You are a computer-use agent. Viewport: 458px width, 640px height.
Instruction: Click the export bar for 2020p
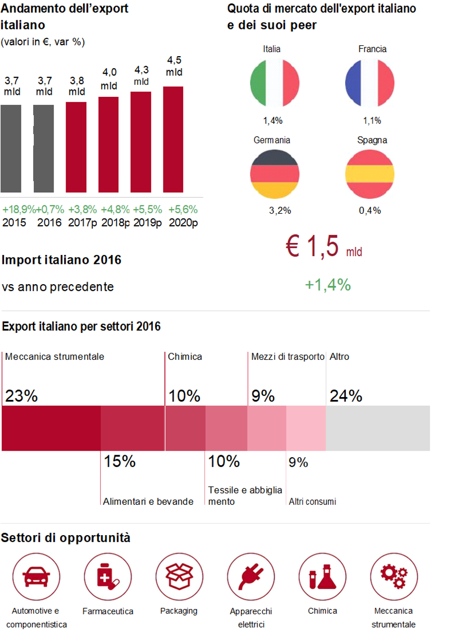[173, 139]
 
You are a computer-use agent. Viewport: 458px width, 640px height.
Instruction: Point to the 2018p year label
[115, 222]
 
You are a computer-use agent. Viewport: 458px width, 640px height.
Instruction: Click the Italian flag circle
[275, 83]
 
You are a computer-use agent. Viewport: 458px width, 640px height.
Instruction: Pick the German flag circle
[275, 174]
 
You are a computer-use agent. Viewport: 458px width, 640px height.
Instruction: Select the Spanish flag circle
[370, 174]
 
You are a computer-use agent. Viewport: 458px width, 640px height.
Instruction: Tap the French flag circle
[370, 83]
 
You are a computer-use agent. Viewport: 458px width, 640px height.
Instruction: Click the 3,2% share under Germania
[280, 211]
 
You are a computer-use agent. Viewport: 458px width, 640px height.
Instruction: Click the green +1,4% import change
[328, 285]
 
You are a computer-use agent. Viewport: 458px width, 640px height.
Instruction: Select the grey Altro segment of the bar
[378, 428]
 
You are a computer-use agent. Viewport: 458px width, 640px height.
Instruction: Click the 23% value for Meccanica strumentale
[21, 396]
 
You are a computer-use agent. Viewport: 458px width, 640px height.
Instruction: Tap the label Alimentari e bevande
[148, 501]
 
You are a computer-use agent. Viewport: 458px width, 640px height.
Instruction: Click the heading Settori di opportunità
[66, 538]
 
